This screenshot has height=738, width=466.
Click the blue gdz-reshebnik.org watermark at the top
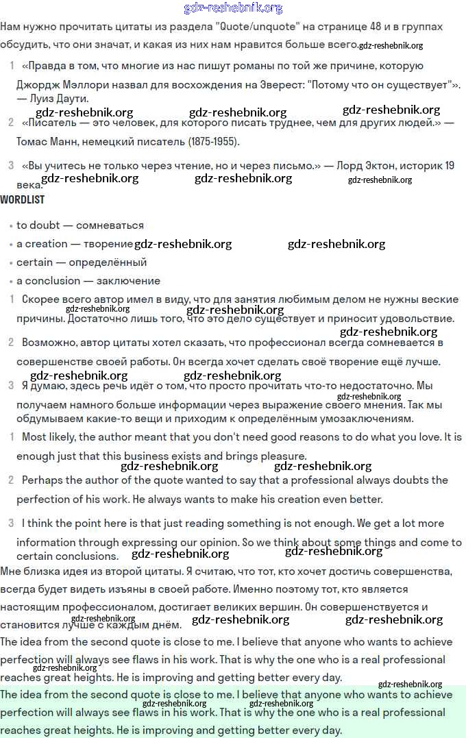pos(233,8)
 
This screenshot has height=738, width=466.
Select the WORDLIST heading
pos(23,199)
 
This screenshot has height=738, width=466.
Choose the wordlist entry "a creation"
pos(42,244)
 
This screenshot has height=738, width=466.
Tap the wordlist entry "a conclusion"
pos(48,281)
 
